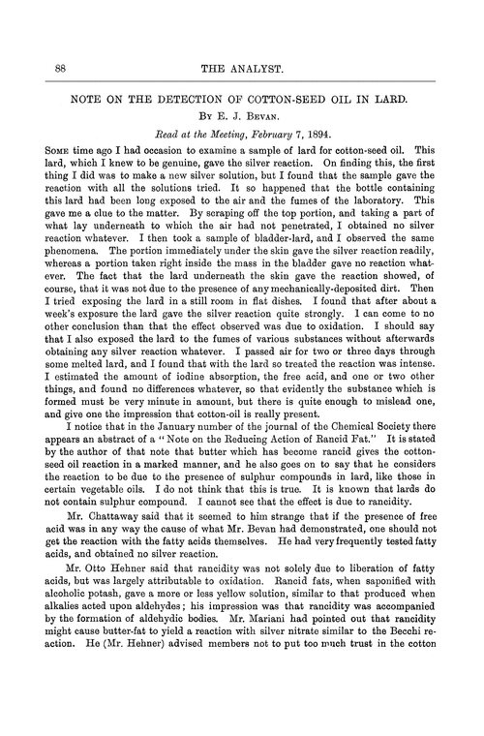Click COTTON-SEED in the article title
(x=272, y=100)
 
